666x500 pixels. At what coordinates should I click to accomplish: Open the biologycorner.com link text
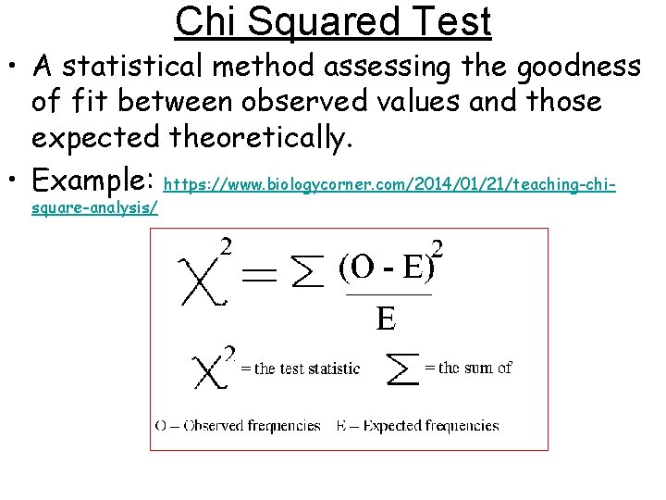tap(388, 185)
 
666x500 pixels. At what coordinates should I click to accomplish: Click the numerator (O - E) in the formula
tap(387, 267)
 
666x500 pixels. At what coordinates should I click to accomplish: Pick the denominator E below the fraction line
tap(386, 319)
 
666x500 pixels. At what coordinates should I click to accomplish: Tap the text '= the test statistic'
tap(300, 369)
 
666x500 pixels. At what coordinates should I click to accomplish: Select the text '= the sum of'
tap(467, 368)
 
